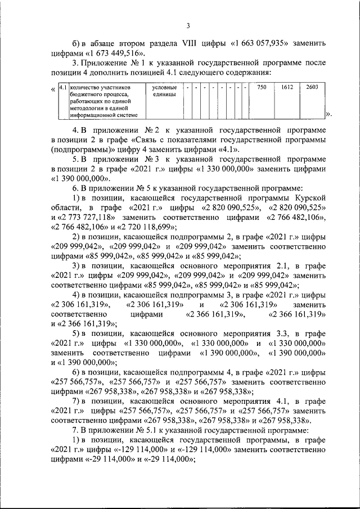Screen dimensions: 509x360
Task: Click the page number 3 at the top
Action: pyautogui.click(x=188, y=25)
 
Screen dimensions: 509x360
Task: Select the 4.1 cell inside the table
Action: pyautogui.click(x=63, y=88)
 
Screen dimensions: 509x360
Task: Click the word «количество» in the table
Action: pyautogui.click(x=88, y=88)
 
